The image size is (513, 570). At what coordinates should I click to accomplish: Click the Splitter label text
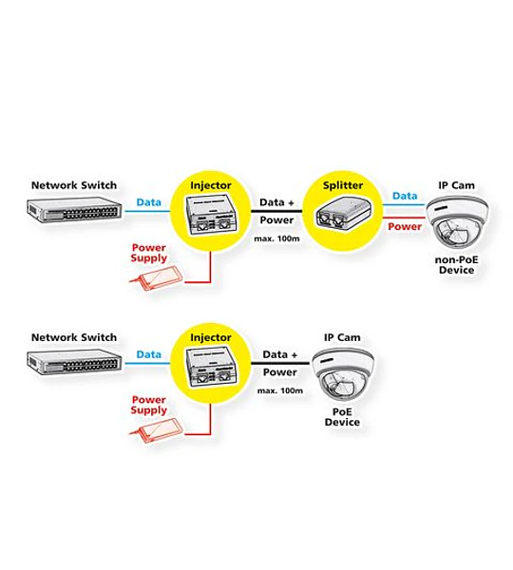[343, 186]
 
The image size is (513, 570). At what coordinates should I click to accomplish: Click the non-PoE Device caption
[456, 265]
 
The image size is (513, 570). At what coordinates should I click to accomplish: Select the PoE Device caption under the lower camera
[342, 417]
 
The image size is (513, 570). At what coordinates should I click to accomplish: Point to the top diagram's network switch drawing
[74, 210]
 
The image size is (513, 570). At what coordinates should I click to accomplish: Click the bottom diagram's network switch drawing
[74, 362]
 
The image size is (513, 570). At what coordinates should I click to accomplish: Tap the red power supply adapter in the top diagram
[157, 278]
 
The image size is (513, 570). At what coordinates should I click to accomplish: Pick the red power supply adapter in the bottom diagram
[157, 430]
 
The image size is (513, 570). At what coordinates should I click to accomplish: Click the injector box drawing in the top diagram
[212, 216]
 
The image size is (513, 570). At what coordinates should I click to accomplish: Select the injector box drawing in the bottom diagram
[212, 368]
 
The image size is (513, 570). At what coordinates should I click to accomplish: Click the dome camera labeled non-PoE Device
[457, 222]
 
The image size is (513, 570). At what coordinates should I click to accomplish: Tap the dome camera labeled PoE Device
[343, 375]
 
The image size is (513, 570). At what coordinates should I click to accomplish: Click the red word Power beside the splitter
[405, 226]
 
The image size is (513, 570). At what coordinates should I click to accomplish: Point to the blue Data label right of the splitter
[405, 196]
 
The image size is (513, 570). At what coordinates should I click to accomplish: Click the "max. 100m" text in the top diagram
[277, 238]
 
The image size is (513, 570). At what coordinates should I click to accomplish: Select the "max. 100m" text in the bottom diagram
[280, 391]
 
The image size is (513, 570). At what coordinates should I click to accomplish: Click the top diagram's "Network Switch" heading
[74, 185]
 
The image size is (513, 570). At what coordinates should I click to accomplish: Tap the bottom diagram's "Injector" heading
[211, 338]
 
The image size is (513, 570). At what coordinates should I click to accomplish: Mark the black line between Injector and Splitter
[276, 211]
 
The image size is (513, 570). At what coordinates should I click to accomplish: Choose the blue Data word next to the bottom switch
[149, 354]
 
